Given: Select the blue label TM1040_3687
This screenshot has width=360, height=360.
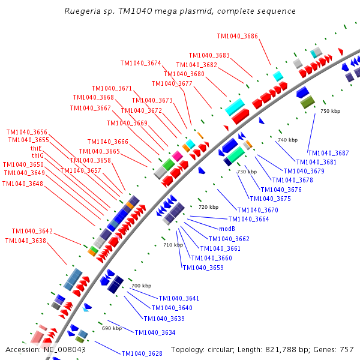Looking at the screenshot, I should (328, 153).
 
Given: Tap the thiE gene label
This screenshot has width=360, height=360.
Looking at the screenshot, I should (36, 148).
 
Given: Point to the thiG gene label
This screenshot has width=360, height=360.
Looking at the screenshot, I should (36, 155).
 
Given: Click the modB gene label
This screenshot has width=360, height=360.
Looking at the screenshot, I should (226, 229).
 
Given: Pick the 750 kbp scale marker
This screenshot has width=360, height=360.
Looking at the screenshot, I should (330, 111).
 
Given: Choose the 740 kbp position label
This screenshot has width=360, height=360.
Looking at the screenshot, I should (287, 140).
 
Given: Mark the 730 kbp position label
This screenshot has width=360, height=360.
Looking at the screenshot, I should (247, 172).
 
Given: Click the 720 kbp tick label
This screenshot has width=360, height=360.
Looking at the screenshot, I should (208, 206).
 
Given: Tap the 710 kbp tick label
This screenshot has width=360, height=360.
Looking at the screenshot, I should (173, 244).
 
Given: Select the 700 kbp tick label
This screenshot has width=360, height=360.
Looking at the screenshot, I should (141, 285).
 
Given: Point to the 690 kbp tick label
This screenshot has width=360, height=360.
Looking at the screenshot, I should (112, 328).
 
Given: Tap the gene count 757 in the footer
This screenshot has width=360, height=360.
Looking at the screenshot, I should (346, 349).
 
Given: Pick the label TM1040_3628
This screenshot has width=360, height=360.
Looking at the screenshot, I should (142, 353).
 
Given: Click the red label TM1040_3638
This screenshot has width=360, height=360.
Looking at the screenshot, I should (25, 241).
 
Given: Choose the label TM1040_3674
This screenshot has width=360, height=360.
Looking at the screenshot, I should (140, 63).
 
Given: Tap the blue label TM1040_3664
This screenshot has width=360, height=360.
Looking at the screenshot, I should (248, 219).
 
